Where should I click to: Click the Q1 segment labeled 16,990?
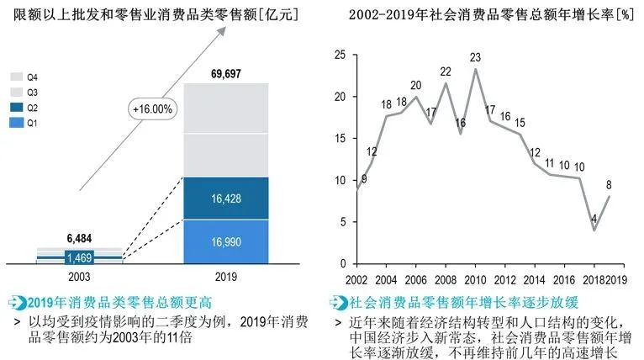[x=227, y=242]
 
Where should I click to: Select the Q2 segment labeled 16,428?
[x=227, y=199]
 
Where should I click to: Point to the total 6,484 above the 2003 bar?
[x=82, y=238]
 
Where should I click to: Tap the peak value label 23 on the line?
[x=475, y=57]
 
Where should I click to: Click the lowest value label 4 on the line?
[x=594, y=219]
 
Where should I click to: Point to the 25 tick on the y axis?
[x=340, y=56]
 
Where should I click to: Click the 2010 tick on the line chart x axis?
[x=475, y=279]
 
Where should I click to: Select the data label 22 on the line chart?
[x=446, y=71]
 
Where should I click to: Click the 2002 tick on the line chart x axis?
[x=357, y=279]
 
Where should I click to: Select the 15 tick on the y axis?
[x=340, y=139]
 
